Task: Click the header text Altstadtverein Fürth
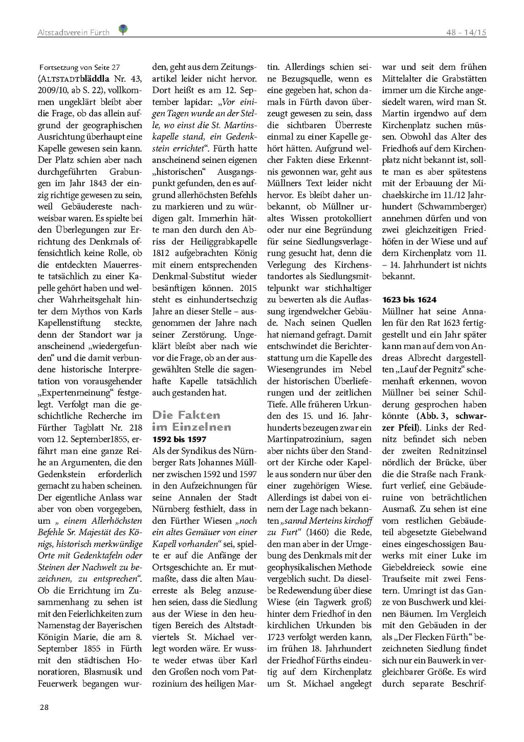(x=73, y=32)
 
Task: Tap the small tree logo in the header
(x=123, y=30)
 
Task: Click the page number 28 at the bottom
(x=45, y=707)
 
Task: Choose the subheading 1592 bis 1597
(x=179, y=439)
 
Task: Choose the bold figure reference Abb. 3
(x=431, y=416)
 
